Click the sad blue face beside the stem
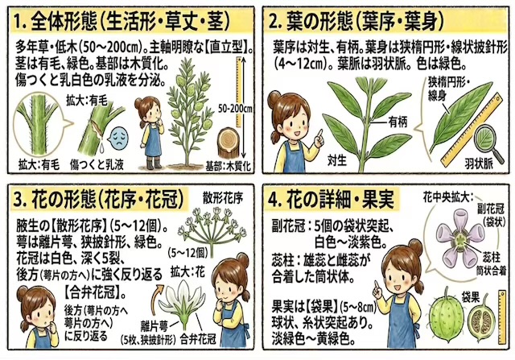point(118,139)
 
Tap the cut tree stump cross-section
point(229,142)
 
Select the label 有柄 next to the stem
point(398,122)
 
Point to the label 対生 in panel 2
point(337,160)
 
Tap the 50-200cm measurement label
point(235,108)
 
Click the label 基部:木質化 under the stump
point(228,166)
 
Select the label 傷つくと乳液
point(97,164)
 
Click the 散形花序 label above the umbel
point(223,198)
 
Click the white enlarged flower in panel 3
point(182,305)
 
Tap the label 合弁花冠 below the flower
point(198,339)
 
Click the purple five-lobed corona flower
point(459,239)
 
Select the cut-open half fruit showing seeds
point(481,318)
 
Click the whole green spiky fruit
point(447,317)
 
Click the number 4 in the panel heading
point(273,200)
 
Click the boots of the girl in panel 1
point(154,163)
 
